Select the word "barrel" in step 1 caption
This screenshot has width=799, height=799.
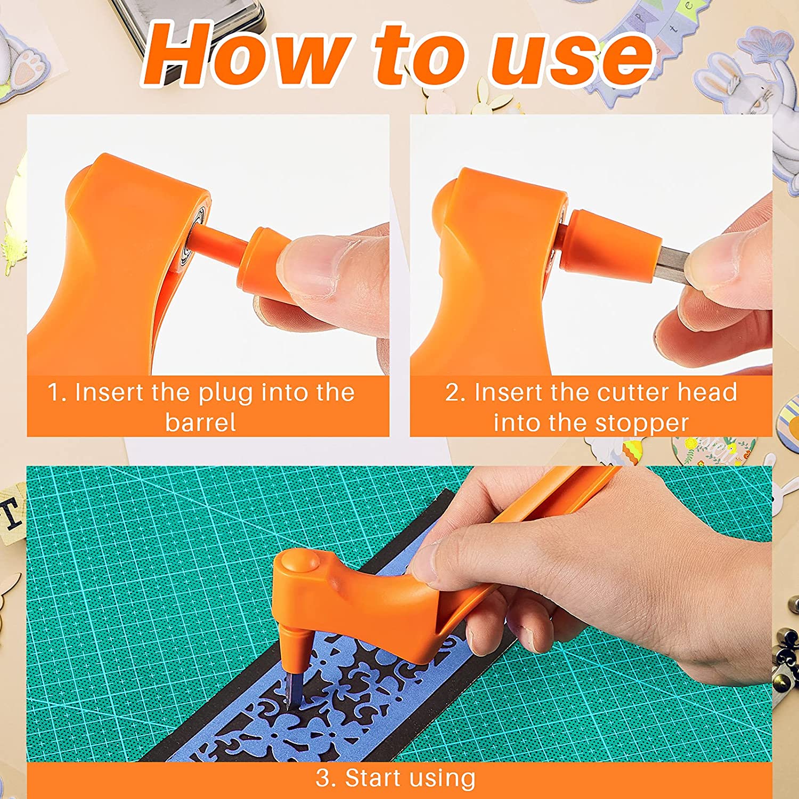click(x=200, y=423)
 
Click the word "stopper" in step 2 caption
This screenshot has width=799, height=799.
click(x=642, y=423)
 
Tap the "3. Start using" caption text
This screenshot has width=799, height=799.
click(x=395, y=778)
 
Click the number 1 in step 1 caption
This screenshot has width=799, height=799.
click(x=53, y=393)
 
